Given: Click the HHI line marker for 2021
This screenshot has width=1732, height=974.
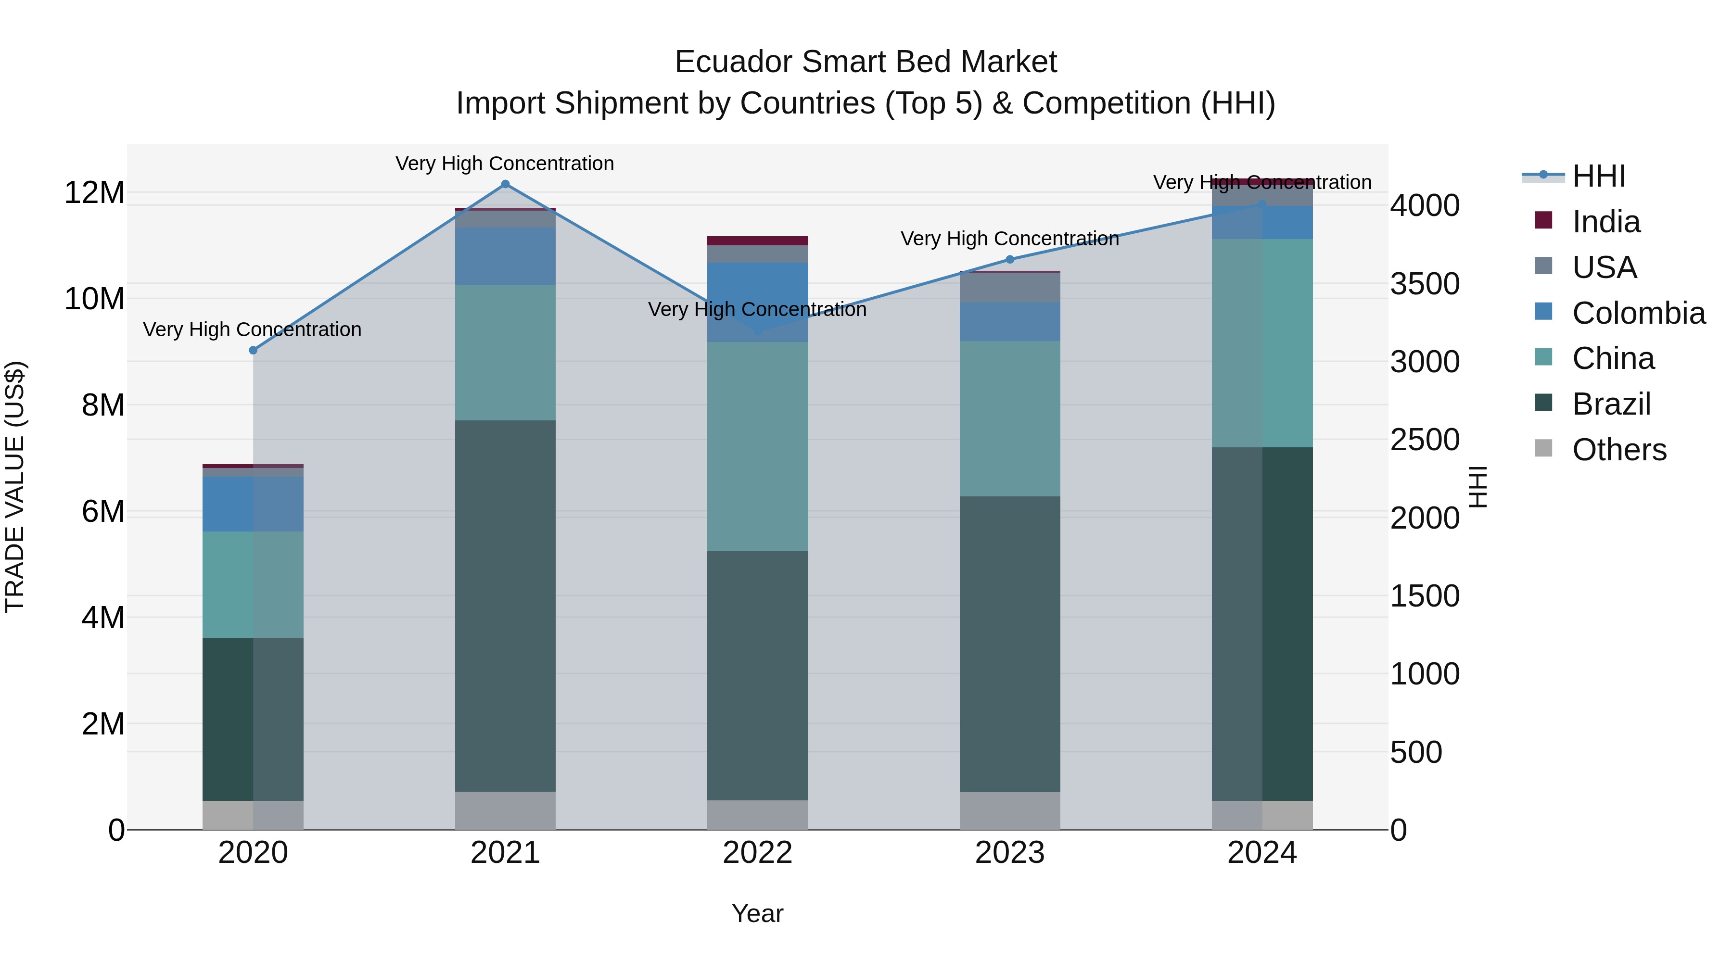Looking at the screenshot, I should (506, 184).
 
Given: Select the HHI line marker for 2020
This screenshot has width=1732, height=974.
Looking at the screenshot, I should (253, 350).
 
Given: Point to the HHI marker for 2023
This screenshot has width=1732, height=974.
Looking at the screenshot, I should (1009, 259).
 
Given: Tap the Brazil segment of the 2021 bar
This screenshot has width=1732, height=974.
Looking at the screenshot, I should (506, 605).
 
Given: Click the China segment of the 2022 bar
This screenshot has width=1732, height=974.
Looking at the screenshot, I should (758, 446).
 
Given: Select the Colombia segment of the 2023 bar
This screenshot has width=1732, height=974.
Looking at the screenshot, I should (1009, 321).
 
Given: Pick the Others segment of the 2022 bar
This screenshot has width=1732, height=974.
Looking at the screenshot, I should (758, 815).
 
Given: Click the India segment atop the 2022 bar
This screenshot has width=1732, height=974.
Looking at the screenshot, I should (758, 240).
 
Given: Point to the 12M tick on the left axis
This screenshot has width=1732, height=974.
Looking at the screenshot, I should (94, 193).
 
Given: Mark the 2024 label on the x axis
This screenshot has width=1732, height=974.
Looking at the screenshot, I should (1261, 853).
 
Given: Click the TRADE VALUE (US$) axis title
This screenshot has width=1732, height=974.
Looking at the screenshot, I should (15, 487).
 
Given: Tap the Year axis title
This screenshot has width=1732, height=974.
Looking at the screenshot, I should (757, 913).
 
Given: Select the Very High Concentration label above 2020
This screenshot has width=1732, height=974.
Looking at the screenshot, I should (252, 329).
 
